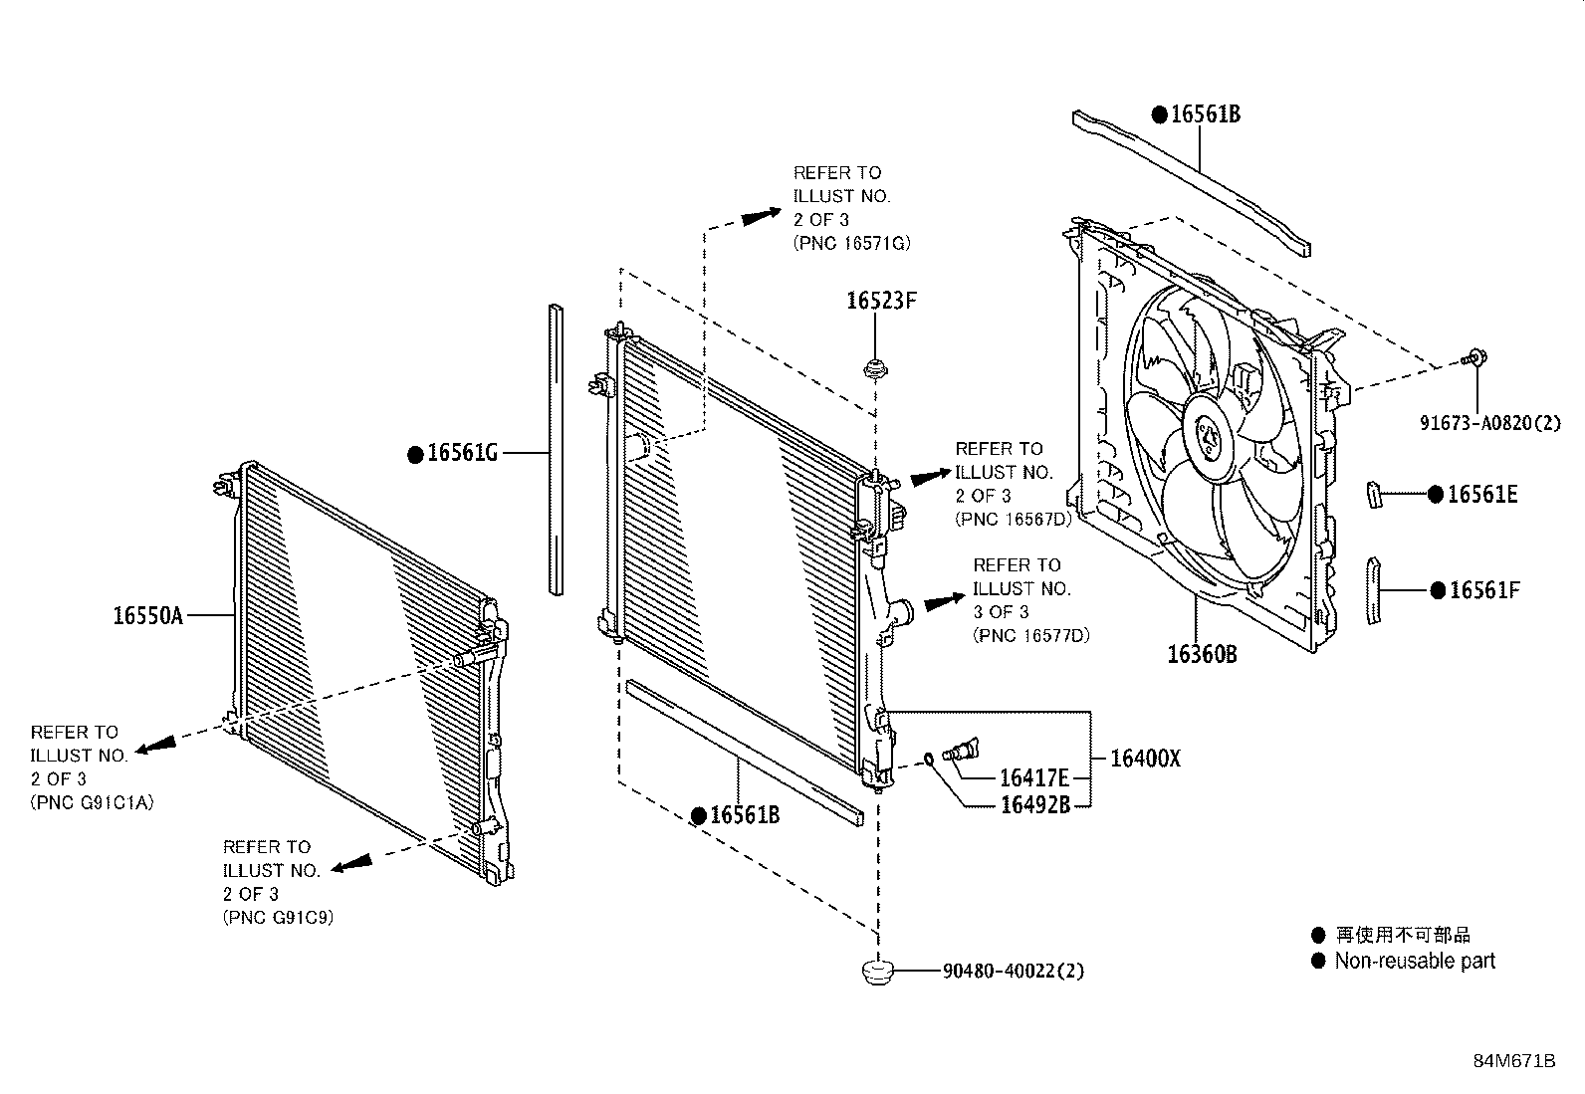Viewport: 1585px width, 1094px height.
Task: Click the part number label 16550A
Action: (x=147, y=616)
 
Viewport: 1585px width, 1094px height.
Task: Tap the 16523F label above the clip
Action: (x=880, y=300)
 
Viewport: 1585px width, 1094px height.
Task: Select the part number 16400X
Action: (x=1144, y=759)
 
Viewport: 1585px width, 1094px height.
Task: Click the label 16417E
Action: (x=1034, y=778)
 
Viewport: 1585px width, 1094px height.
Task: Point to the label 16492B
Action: (x=1034, y=805)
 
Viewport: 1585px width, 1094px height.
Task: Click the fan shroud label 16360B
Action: (x=1202, y=654)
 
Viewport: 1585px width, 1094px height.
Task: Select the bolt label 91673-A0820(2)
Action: (x=1489, y=423)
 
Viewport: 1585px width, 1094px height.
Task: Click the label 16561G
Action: (x=462, y=454)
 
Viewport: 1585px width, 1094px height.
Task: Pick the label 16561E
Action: (x=1481, y=494)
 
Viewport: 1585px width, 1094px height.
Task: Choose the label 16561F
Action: (x=1483, y=590)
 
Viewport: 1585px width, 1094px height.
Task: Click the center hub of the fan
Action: (x=1209, y=436)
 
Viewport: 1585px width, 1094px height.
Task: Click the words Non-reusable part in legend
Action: (x=1415, y=961)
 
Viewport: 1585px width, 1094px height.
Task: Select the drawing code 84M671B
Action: (x=1514, y=1060)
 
